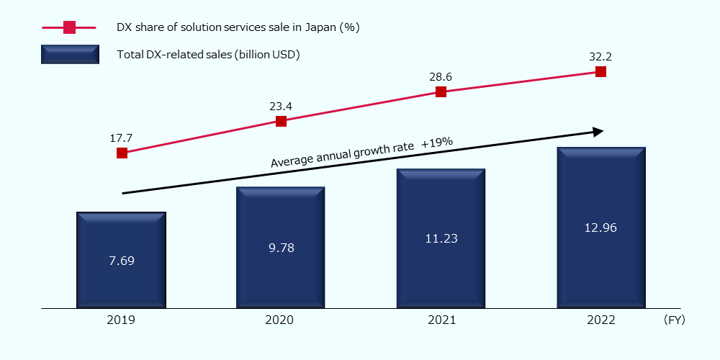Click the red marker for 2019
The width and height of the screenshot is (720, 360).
122,153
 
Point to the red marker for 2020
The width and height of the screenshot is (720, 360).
282,122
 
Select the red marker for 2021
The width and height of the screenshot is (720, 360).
441,91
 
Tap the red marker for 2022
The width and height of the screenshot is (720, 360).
600,71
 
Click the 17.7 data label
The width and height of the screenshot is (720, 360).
122,137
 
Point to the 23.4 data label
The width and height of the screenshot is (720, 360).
281,107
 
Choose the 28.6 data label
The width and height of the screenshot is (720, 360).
441,76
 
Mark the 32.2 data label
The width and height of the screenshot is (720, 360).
600,55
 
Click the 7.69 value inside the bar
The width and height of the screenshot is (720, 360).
122,261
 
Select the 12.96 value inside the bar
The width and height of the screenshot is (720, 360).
600,228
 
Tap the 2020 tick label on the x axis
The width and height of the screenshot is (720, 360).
281,320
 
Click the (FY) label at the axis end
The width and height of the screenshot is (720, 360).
675,320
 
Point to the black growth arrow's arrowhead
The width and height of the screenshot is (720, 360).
598,131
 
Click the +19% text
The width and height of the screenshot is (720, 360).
437,143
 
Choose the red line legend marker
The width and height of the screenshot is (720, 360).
69,27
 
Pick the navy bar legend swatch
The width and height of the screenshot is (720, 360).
69,54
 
